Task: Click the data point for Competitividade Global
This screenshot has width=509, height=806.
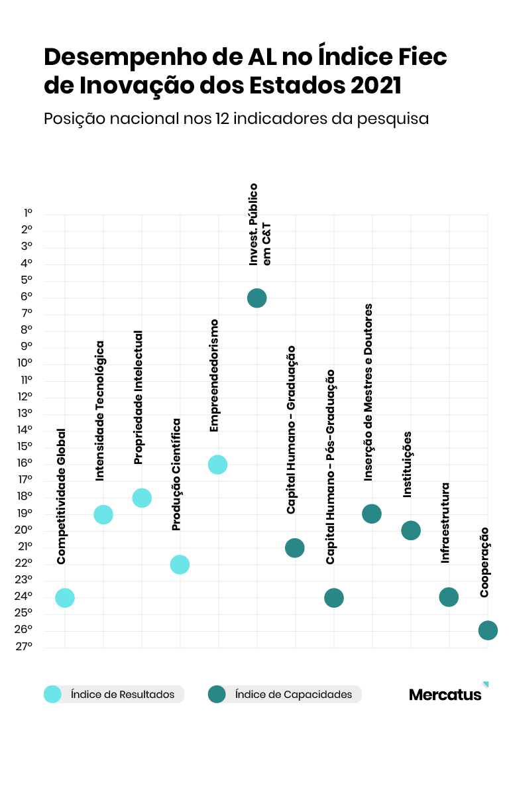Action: [x=64, y=598]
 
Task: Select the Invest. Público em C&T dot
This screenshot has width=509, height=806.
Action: [x=256, y=298]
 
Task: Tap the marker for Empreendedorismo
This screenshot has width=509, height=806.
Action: [x=217, y=465]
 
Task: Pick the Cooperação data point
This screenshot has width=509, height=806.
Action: [x=487, y=630]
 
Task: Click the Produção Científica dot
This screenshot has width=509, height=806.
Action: [x=180, y=565]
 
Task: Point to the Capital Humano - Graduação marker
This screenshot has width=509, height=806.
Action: [x=294, y=548]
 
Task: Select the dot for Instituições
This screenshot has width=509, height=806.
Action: [x=411, y=530]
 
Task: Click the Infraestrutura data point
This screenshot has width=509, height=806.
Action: [x=449, y=597]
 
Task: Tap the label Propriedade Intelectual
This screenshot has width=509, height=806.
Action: [x=139, y=398]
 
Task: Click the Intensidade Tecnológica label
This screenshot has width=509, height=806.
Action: [x=100, y=411]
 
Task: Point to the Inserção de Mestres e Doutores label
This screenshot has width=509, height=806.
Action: [x=369, y=392]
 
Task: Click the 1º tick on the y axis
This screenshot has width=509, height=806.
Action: [x=28, y=213]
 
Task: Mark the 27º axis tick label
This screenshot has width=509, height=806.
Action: [x=25, y=647]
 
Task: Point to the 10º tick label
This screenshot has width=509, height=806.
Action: [x=25, y=363]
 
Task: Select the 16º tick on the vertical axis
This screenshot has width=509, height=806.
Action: [x=25, y=463]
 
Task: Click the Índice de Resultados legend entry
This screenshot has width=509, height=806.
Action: [x=113, y=694]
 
